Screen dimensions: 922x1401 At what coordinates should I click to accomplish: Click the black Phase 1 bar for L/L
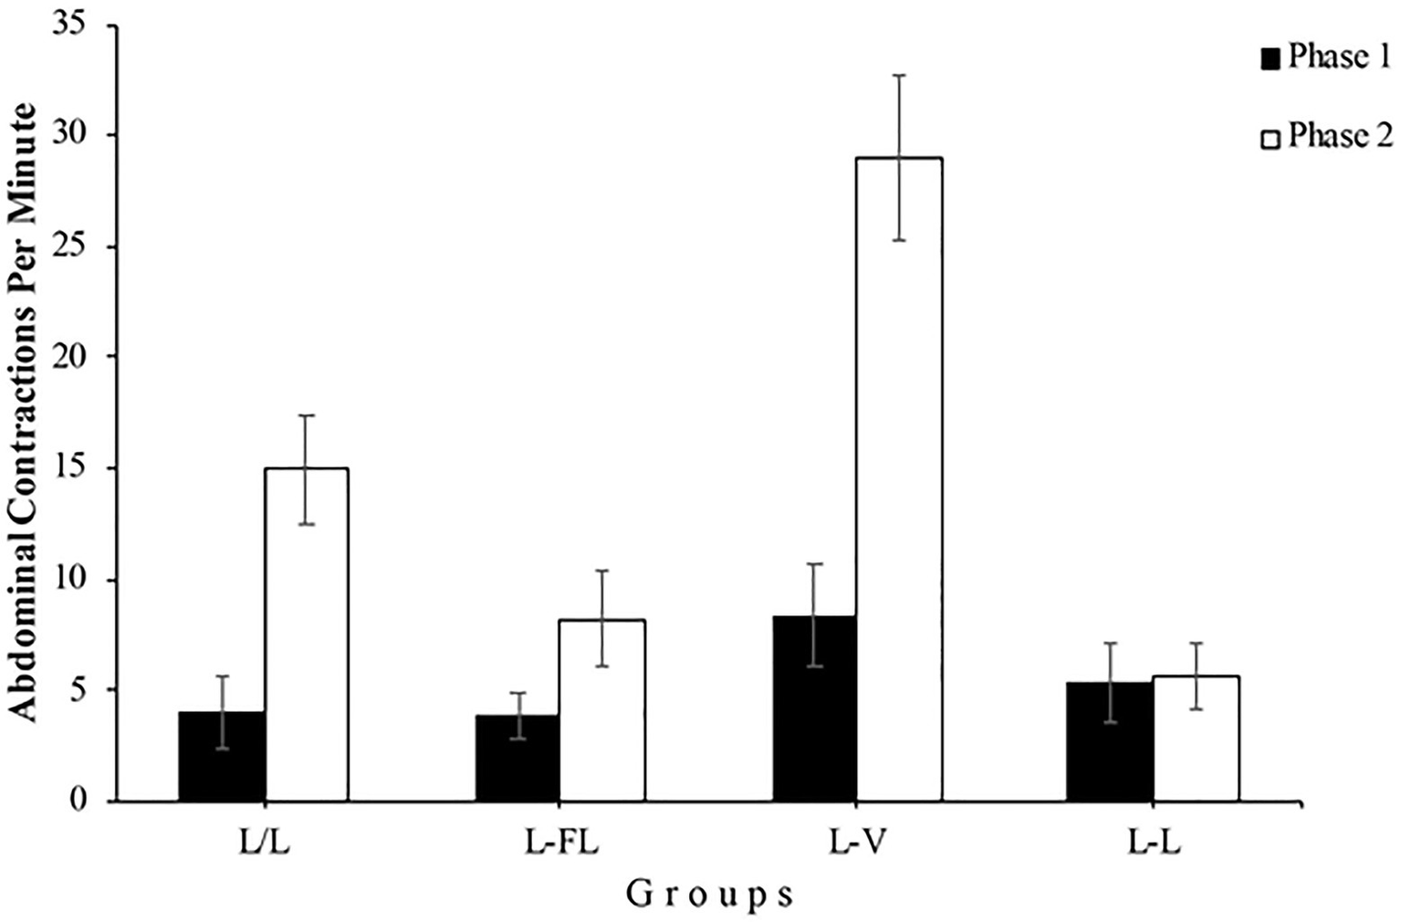222,757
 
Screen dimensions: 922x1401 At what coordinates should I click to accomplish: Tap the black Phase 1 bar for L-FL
517,759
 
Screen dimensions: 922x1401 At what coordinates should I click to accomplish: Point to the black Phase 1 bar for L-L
1109,741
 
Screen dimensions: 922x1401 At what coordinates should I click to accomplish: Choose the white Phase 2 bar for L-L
1196,739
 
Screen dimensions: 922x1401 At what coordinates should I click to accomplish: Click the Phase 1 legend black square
1270,59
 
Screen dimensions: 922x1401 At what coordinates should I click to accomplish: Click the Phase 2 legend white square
1270,139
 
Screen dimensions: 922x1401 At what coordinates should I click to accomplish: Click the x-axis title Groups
709,896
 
